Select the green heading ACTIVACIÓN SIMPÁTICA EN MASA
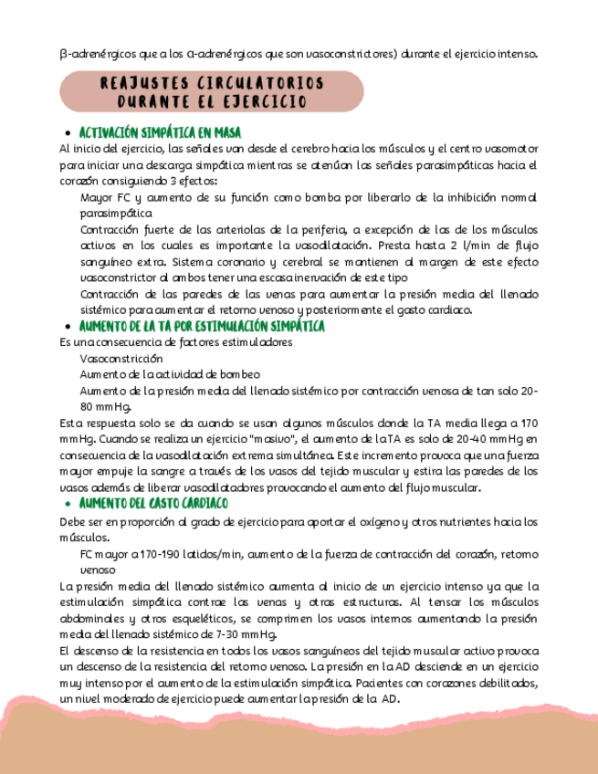tap(160, 132)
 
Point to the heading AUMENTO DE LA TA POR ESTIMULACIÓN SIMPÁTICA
tap(202, 326)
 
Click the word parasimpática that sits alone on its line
tap(116, 213)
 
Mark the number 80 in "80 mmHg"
tap(88, 406)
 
